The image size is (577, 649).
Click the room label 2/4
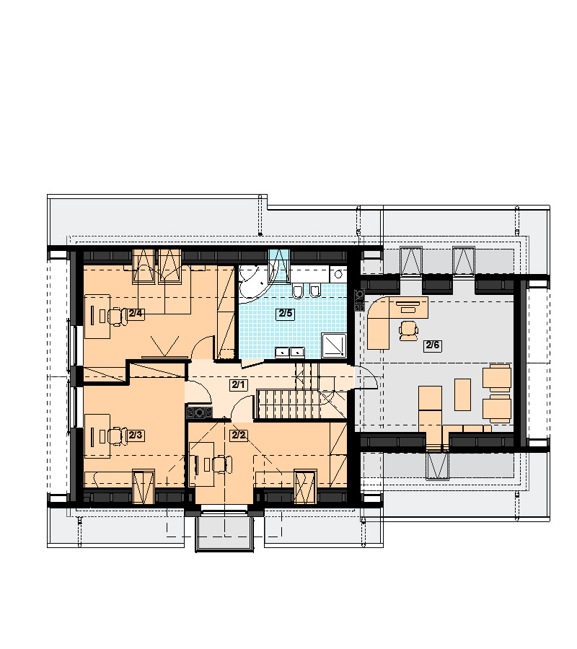tap(136, 314)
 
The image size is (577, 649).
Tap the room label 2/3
tap(136, 435)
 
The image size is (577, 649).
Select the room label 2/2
tap(239, 436)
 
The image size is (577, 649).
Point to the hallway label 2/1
tap(238, 385)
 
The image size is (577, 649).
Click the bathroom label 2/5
tap(286, 314)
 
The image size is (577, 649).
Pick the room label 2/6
tap(433, 345)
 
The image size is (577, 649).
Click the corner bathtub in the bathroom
tap(253, 283)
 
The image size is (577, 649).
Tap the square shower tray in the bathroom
tap(334, 345)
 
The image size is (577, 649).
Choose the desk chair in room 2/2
tap(223, 464)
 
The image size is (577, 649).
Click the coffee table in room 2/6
tap(462, 394)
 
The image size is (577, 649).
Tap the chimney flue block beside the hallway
tap(200, 412)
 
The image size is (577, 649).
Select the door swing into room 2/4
tap(203, 347)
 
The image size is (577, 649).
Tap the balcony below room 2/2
tap(224, 532)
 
